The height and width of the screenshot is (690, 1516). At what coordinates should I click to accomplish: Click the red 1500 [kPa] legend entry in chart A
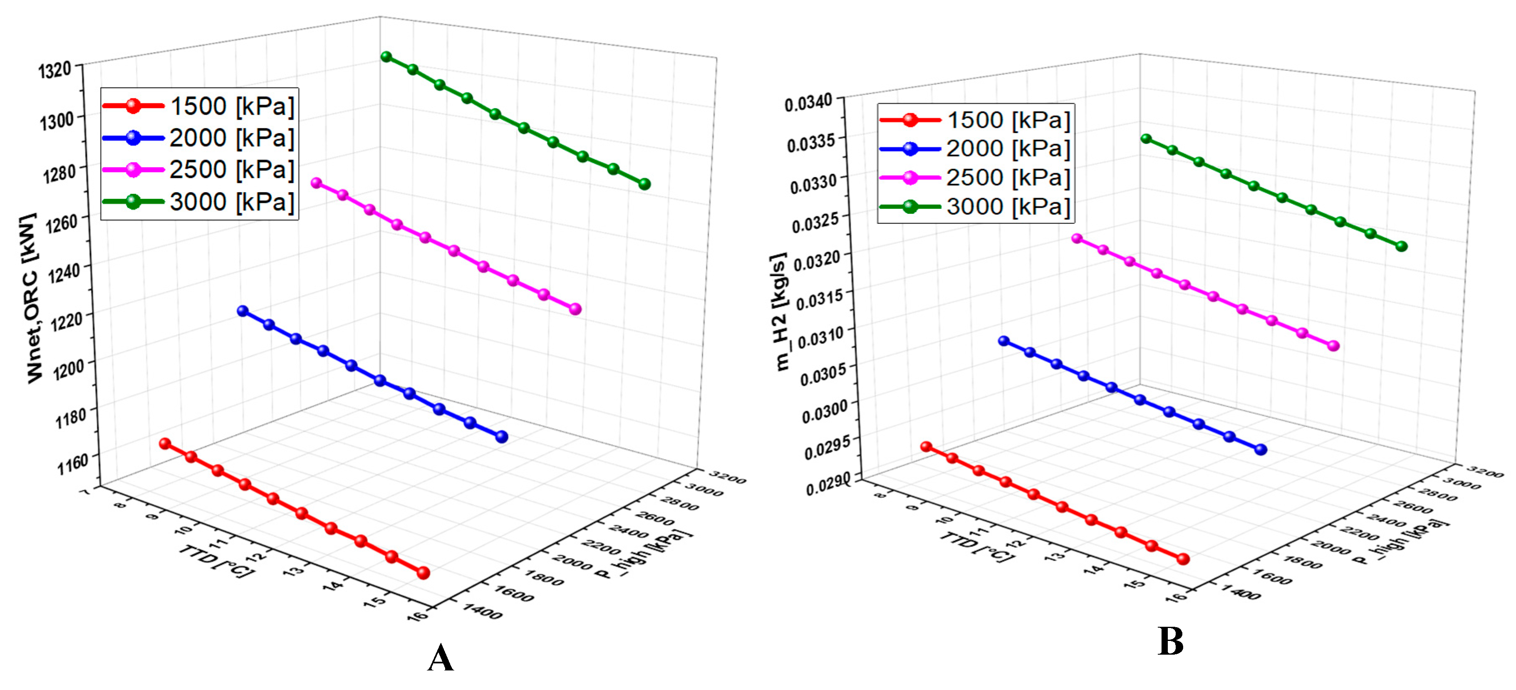pyautogui.click(x=199, y=106)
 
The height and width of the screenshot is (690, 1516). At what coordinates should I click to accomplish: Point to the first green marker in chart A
pyautogui.click(x=386, y=57)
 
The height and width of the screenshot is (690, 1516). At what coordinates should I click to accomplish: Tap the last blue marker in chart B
pyautogui.click(x=1261, y=450)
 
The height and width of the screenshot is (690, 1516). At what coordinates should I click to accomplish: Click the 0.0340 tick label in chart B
pyautogui.click(x=809, y=103)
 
